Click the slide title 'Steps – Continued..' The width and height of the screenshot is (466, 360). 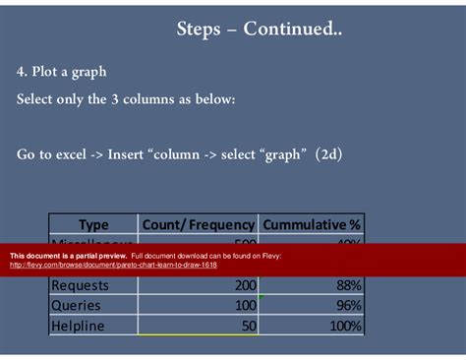click(x=260, y=30)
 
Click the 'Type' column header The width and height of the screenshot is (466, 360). click(x=93, y=224)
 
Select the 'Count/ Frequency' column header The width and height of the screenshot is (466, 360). click(x=199, y=224)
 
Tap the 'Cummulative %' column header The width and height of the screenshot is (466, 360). click(x=312, y=224)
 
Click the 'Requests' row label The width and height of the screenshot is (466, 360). click(x=81, y=285)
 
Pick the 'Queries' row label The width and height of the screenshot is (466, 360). click(x=76, y=305)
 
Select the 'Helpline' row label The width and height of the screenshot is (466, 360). click(x=78, y=326)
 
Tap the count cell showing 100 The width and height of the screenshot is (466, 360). click(x=238, y=305)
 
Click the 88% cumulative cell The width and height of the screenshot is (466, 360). click(x=346, y=285)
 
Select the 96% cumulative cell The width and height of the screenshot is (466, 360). click(x=346, y=305)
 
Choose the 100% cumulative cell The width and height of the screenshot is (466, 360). click(x=342, y=326)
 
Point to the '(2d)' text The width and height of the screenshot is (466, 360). click(x=328, y=153)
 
